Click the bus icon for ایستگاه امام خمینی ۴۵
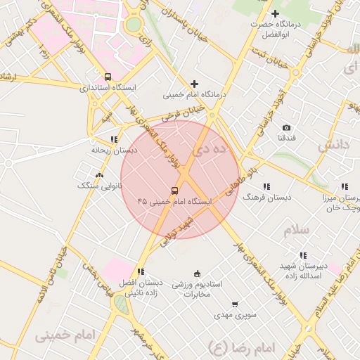click(174, 191)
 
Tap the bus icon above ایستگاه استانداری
click(108, 77)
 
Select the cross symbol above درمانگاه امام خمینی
click(194, 84)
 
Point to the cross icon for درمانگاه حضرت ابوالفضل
click(275, 14)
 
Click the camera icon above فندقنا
click(287, 127)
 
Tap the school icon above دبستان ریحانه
click(114, 139)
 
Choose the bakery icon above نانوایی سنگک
click(98, 175)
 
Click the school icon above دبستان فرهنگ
click(266, 186)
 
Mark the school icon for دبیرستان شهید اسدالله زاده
click(303, 255)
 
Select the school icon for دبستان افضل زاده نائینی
click(141, 271)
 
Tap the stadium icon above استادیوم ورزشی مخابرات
click(197, 274)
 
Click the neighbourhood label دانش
click(333, 145)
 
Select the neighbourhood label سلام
click(297, 231)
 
